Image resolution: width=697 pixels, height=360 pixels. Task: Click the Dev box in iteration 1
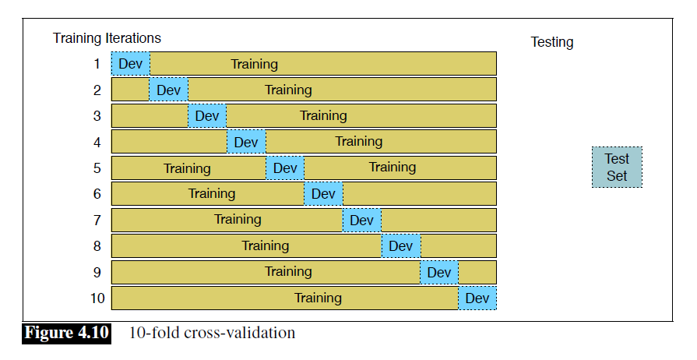130,64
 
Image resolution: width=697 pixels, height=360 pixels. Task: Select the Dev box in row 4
246,142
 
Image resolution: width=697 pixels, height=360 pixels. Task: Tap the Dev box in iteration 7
361,220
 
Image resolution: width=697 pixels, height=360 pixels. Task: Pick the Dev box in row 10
477,298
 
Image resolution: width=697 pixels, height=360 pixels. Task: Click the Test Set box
617,168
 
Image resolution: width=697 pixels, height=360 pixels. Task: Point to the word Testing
552,42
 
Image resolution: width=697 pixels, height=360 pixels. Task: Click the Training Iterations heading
107,37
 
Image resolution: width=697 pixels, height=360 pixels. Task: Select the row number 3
97,116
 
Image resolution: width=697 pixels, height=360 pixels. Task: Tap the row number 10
96,298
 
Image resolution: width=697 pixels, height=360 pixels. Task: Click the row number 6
97,194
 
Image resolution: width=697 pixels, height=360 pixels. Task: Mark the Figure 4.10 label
66,334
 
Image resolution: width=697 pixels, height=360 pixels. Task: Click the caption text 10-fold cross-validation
212,334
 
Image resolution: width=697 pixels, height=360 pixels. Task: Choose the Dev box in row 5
285,168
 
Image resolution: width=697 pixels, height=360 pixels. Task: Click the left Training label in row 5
187,168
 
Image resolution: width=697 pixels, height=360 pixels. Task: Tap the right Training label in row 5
393,168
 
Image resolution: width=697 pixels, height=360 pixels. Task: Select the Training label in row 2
288,90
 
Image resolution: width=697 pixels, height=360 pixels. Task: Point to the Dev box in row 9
439,272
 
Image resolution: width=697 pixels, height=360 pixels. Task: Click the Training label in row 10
318,298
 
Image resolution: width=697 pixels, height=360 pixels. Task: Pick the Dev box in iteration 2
168,90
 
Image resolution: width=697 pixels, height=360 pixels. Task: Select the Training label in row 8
265,246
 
